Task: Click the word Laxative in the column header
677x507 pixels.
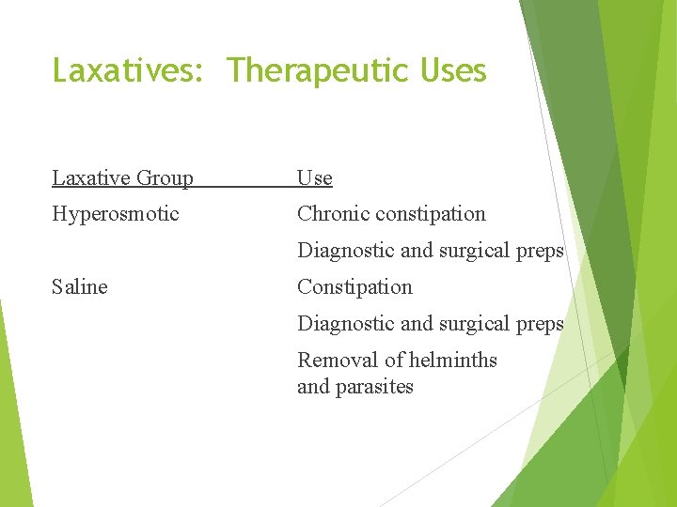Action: coord(90,177)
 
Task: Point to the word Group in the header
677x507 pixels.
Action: coord(165,178)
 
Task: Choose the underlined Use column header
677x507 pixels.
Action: coord(314,177)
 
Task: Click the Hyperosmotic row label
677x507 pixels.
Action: coord(115,214)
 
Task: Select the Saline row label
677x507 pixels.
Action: coord(79,286)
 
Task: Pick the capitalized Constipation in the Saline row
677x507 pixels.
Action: coord(354,286)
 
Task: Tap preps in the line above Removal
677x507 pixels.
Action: coord(541,323)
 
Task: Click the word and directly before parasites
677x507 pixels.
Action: coord(312,387)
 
